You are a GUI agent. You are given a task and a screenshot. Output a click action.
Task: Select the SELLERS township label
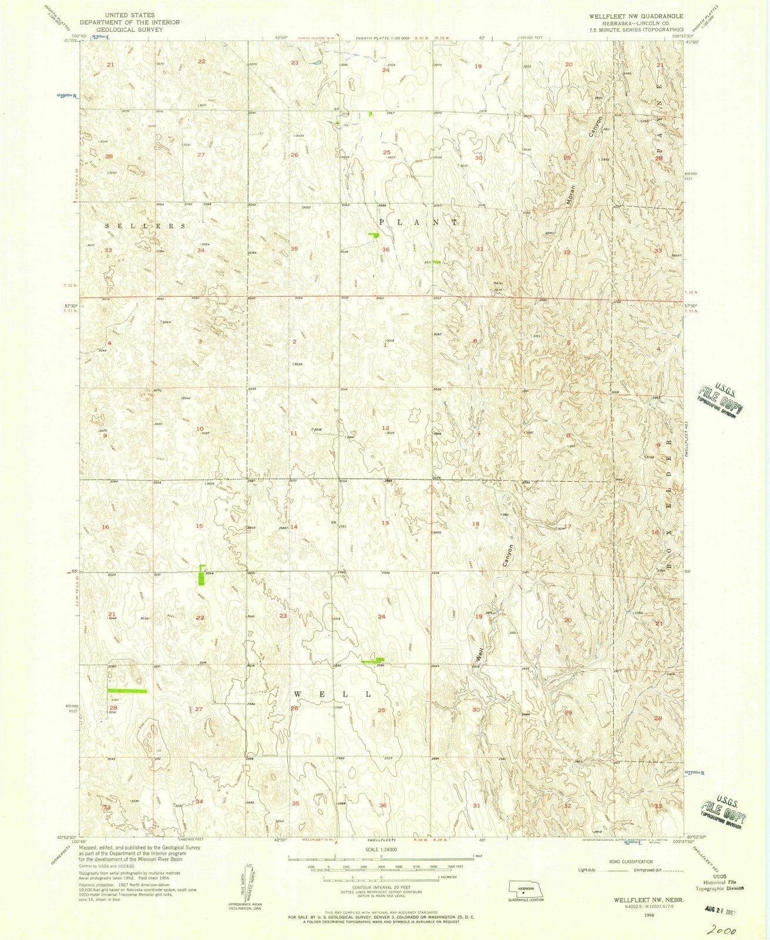coord(146,226)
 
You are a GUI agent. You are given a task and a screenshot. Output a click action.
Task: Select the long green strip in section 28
coord(127,691)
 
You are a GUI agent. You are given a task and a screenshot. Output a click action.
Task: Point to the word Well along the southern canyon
coord(479,653)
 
